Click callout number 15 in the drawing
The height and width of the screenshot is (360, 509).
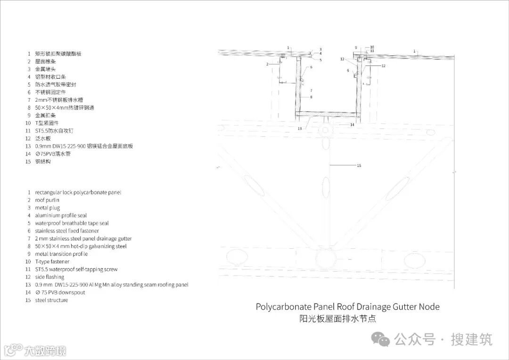[x=359, y=165]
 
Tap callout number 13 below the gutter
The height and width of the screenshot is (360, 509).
[x=299, y=128]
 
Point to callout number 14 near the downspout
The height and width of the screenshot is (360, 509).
[x=352, y=125]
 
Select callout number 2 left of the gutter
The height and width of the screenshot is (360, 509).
[x=267, y=64]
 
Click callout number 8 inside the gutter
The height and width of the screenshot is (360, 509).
[x=312, y=97]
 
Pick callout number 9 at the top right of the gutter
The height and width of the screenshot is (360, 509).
[x=356, y=47]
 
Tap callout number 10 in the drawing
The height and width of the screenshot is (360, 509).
[x=372, y=47]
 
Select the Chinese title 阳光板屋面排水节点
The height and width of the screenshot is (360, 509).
[x=338, y=319]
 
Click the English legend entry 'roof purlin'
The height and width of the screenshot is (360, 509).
[x=47, y=200]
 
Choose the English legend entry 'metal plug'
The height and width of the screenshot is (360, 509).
[x=47, y=208]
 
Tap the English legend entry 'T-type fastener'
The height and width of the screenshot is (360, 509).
[x=52, y=262]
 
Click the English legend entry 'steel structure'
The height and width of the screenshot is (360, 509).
[x=51, y=300]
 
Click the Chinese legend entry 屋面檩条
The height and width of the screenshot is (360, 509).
[x=46, y=62]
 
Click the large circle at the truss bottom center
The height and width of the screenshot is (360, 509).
[x=325, y=258]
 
